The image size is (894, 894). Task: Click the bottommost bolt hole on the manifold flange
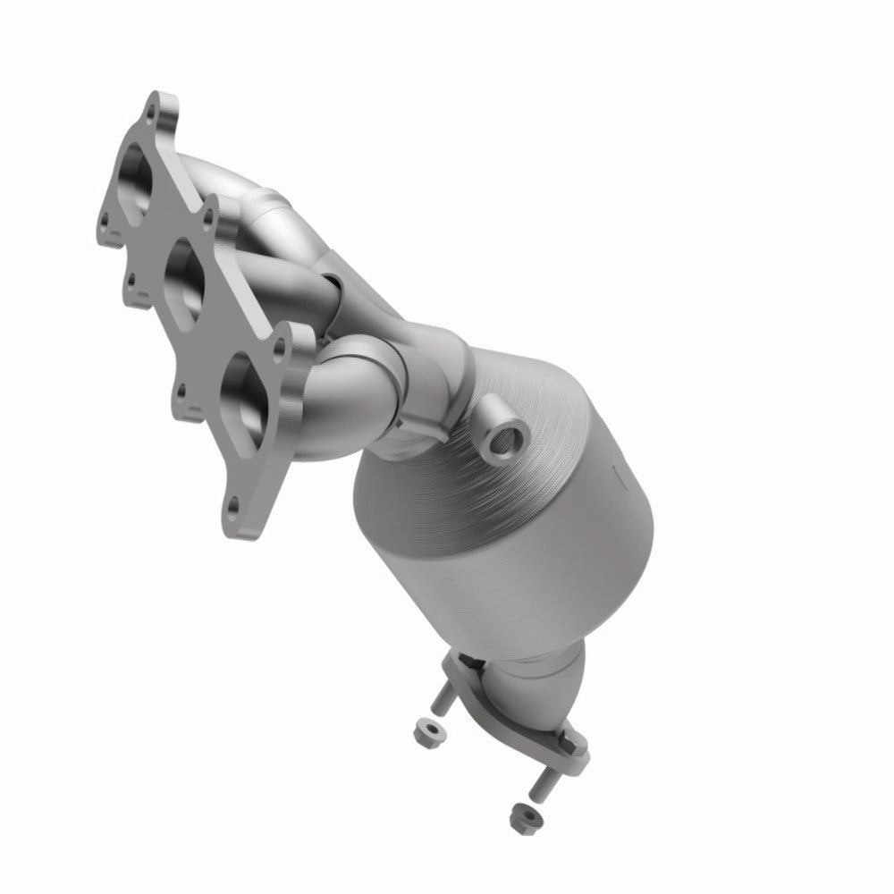tap(233, 506)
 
